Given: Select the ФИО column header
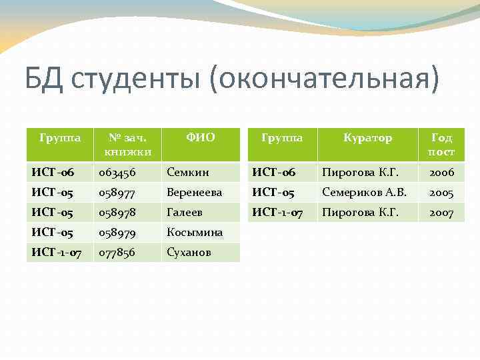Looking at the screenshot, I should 200,138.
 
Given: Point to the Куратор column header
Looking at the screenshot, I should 367,138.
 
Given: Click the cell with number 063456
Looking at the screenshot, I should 117,173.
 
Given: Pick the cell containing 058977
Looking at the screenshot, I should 117,193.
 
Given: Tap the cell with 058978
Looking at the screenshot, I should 117,213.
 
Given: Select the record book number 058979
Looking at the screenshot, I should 117,233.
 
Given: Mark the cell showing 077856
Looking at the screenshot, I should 117,253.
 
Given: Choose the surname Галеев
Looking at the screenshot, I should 185,213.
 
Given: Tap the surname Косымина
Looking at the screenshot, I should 194,233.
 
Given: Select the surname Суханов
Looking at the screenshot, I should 189,253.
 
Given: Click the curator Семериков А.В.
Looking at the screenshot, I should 364,193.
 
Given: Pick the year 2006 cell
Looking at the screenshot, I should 441,173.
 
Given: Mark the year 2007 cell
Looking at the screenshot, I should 441,213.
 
